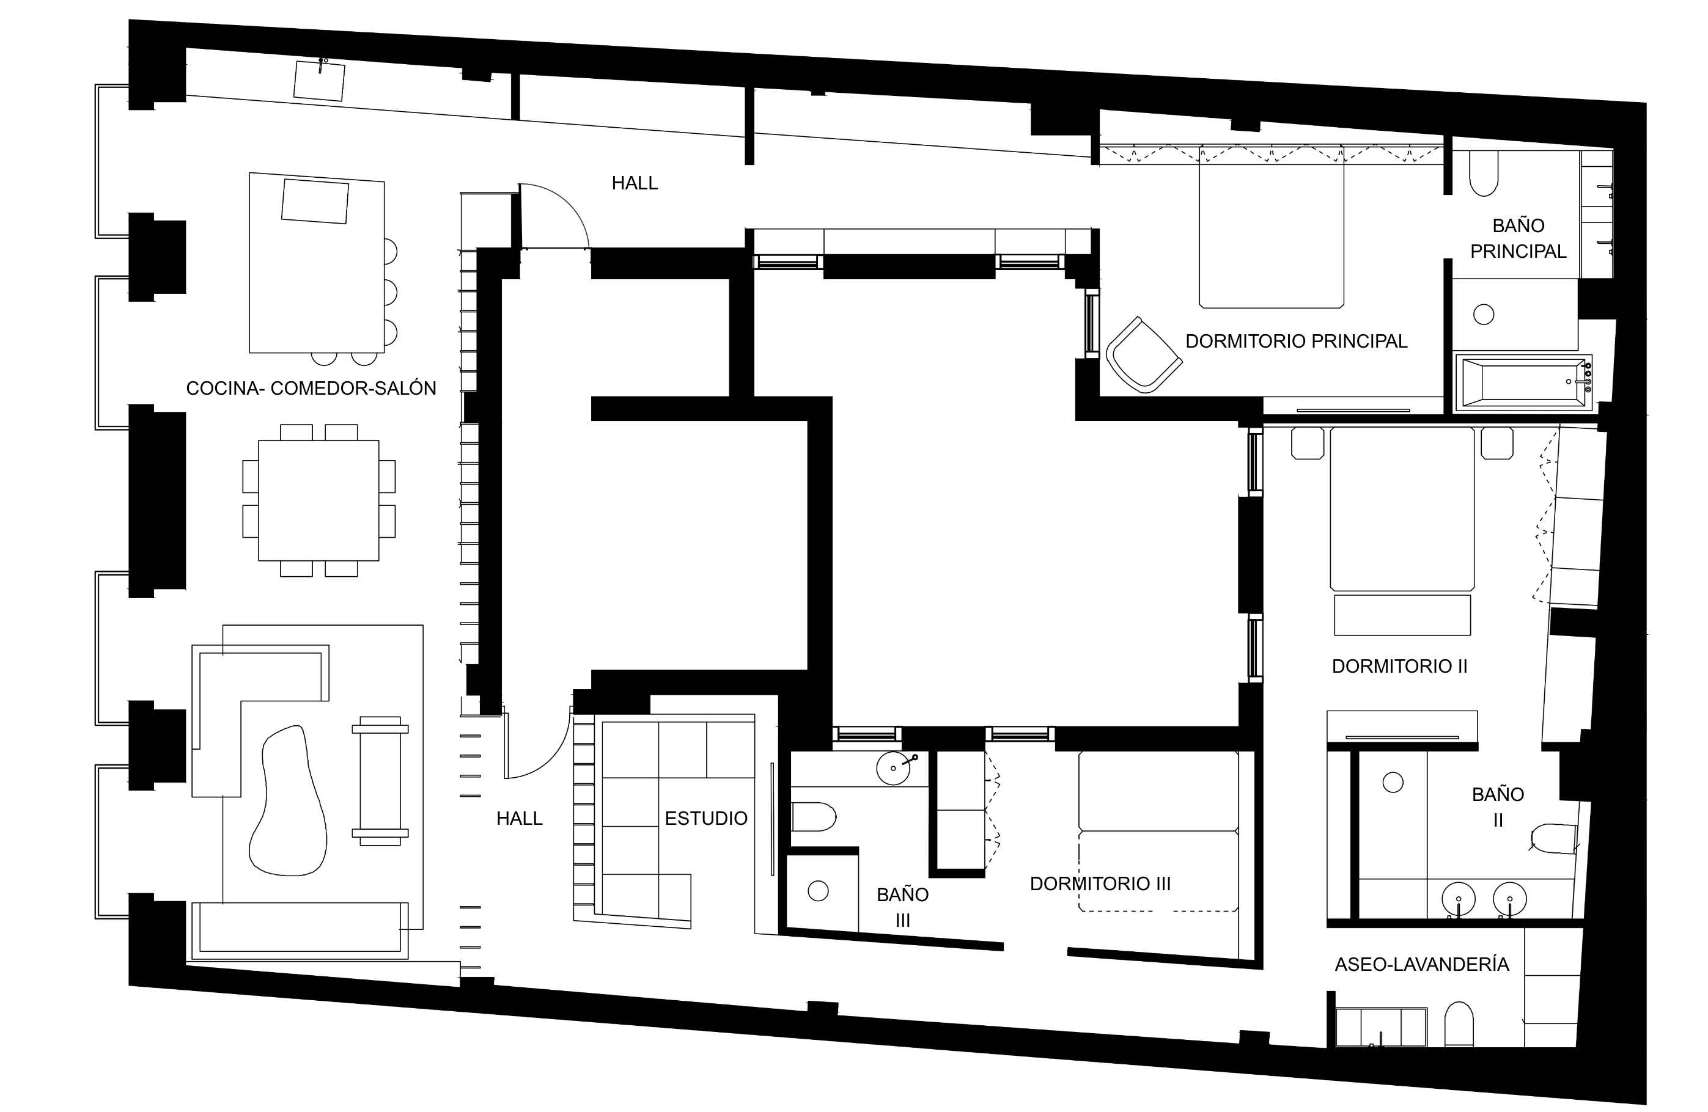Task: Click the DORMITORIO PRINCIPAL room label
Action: (1296, 341)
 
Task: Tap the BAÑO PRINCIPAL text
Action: (1518, 238)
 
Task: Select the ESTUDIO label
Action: (706, 818)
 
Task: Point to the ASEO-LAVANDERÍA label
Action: (1422, 964)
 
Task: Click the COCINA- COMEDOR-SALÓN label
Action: (311, 388)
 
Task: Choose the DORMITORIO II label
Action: (1399, 666)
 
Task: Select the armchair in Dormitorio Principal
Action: (1143, 354)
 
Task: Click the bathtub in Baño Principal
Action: (1523, 383)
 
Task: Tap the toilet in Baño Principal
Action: (1484, 173)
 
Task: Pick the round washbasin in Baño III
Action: (894, 767)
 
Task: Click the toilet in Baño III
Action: (814, 816)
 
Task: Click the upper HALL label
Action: (635, 183)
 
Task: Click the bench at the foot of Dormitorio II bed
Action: (1402, 615)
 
